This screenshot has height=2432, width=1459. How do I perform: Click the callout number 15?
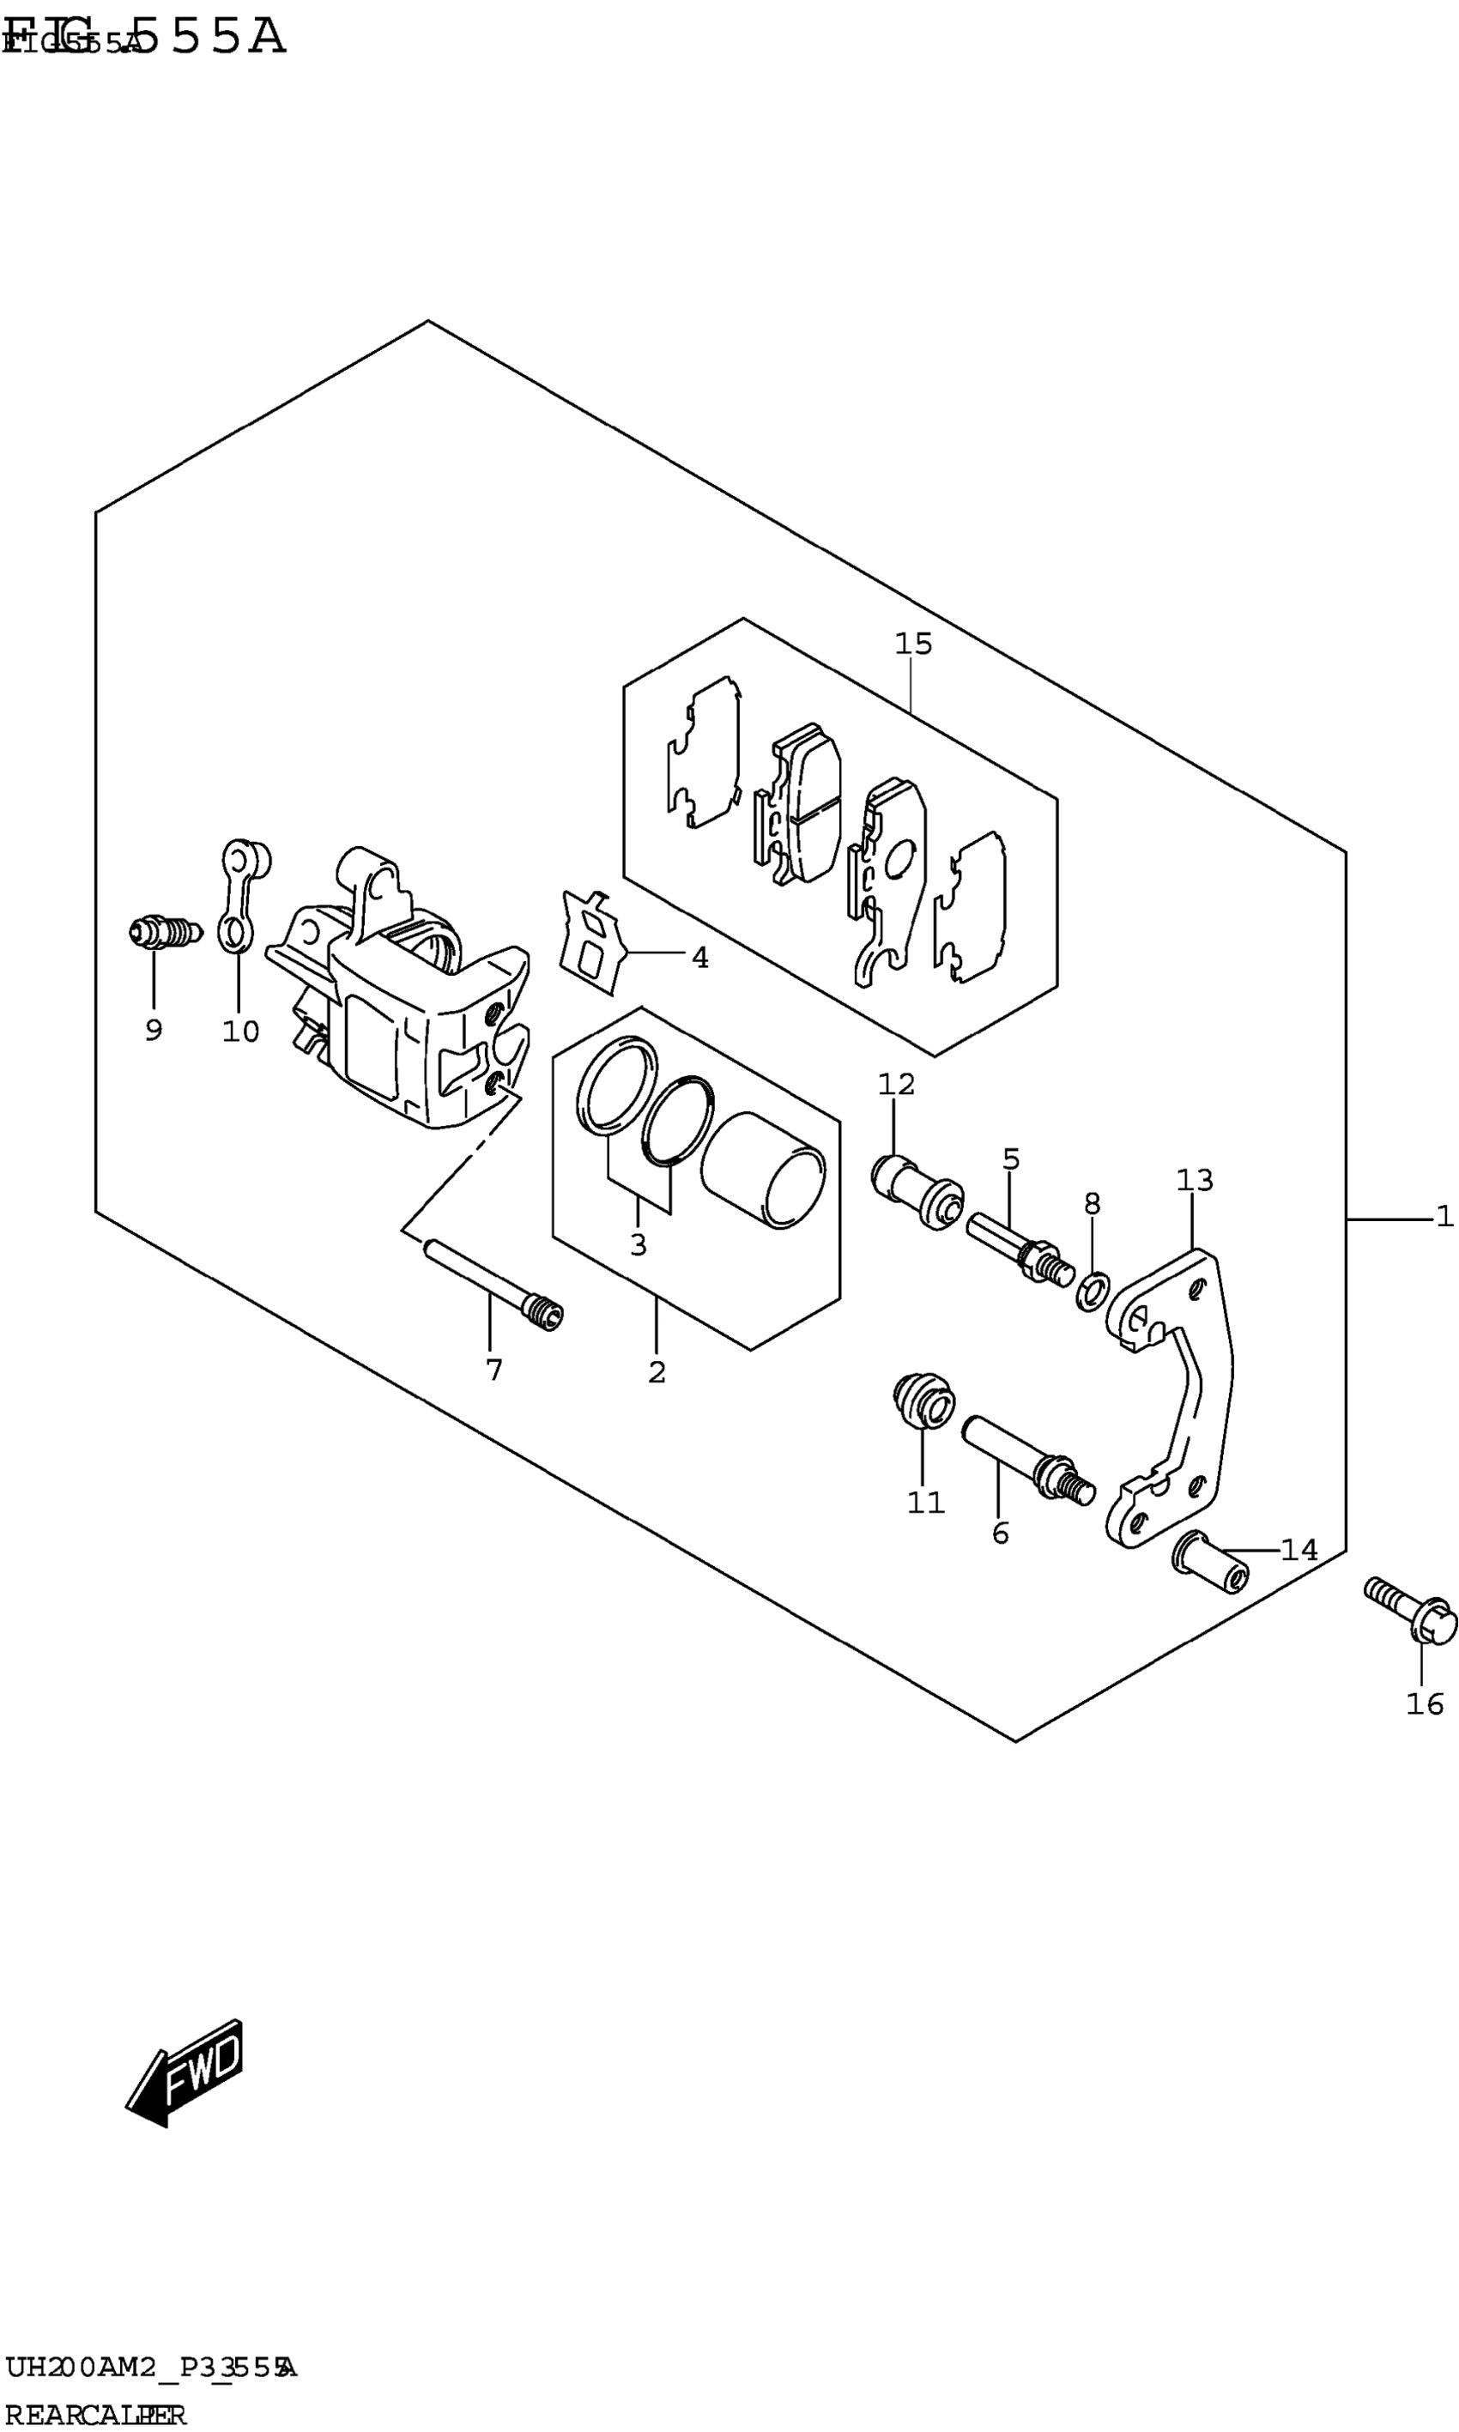click(912, 644)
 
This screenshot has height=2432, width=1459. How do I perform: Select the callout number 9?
click(154, 1030)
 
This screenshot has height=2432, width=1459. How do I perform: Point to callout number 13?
click(1195, 1180)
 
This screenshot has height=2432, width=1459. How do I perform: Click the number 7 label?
click(493, 1370)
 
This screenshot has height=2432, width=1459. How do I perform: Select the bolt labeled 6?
click(1026, 1461)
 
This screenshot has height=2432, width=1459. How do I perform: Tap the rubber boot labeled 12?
click(917, 1189)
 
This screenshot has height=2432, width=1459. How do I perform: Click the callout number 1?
click(1444, 1217)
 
